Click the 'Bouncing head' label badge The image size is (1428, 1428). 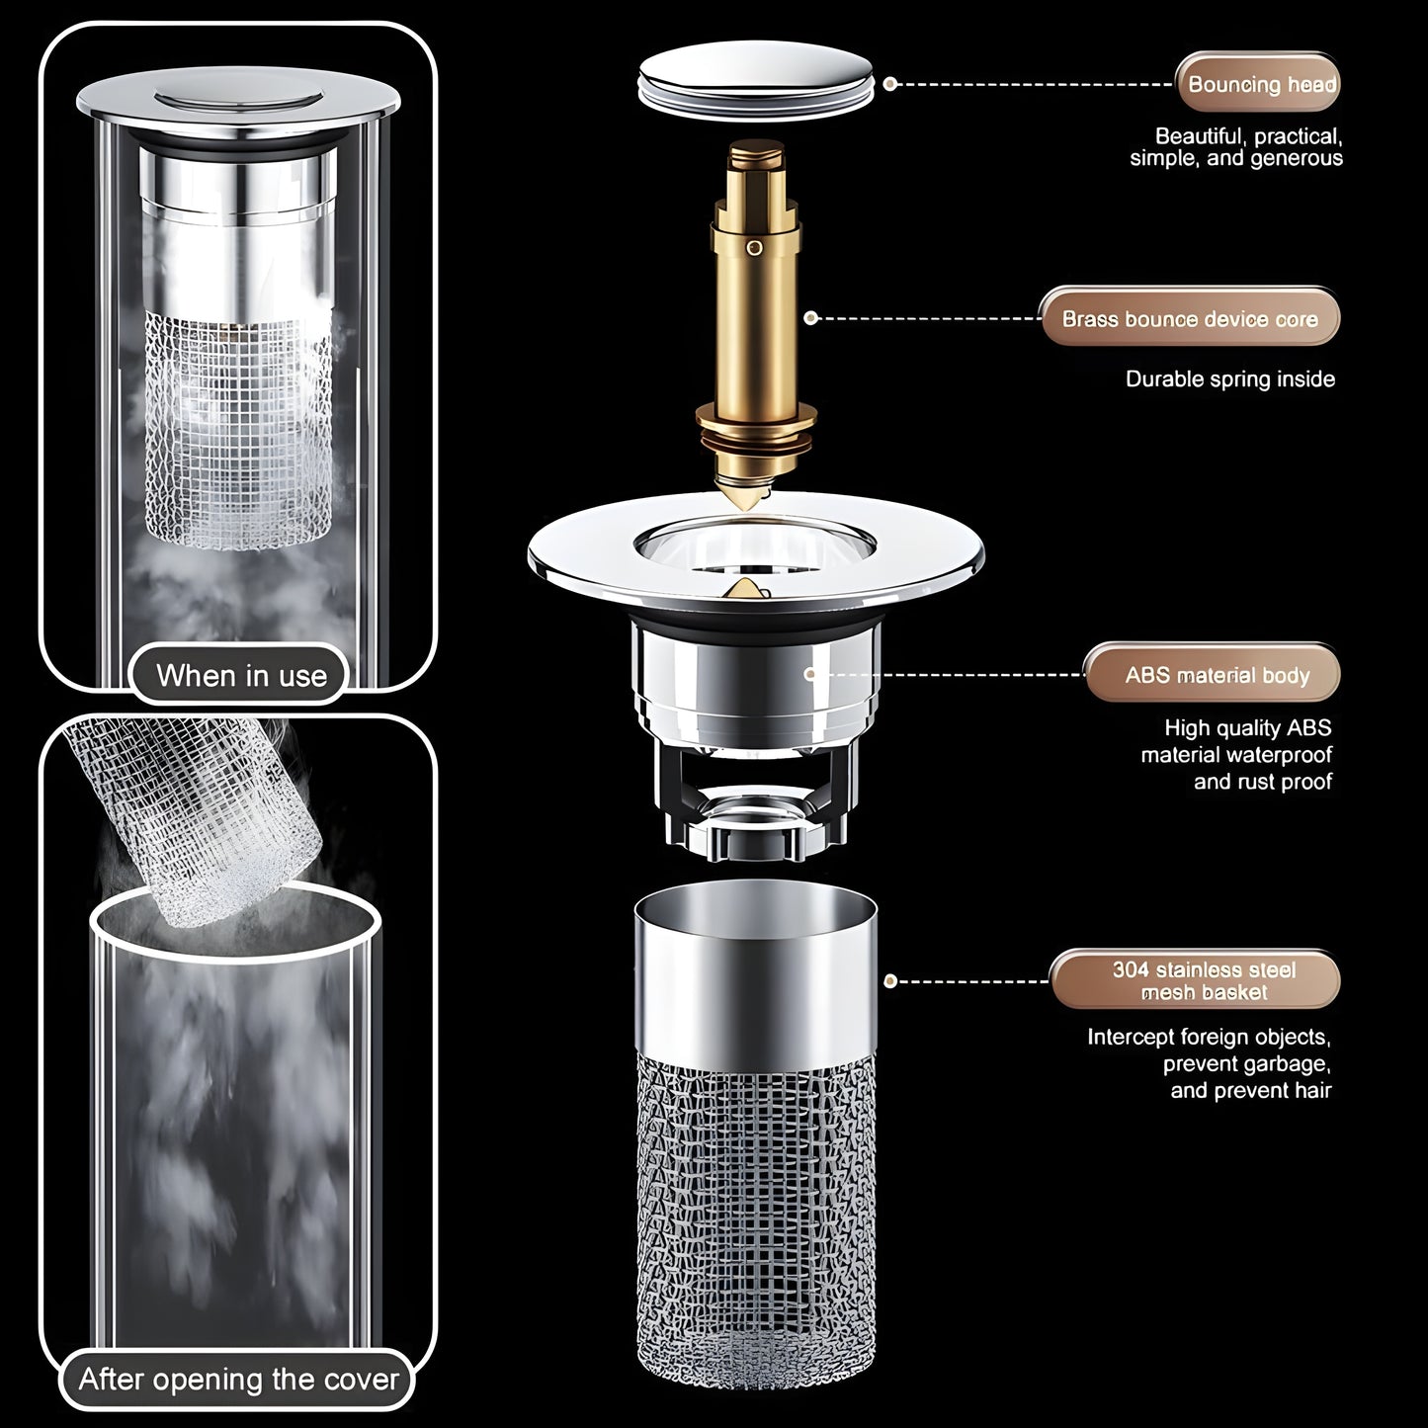[1258, 85]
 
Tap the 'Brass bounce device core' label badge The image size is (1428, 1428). [1190, 319]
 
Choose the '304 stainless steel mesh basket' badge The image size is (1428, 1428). [1203, 980]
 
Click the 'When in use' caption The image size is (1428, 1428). [241, 676]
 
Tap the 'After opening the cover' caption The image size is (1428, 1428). [238, 1380]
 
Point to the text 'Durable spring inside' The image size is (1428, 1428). [1229, 379]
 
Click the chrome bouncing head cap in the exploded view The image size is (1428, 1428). [756, 84]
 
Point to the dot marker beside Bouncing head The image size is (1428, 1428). [889, 85]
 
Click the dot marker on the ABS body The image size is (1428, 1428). [809, 674]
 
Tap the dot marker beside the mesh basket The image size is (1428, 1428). [890, 981]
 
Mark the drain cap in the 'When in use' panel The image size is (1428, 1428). [238, 102]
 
